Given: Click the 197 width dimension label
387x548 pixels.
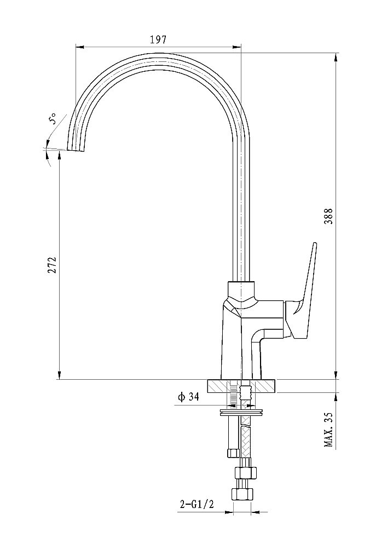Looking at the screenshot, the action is coord(158,39).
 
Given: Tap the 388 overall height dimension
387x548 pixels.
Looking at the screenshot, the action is coord(330,216).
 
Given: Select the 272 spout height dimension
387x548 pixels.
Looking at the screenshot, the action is coord(51,266).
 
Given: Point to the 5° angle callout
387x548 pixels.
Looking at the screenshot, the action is coord(53,119).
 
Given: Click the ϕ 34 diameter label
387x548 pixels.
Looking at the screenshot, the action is coord(188,397).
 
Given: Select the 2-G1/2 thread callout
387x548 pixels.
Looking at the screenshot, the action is coord(197,504).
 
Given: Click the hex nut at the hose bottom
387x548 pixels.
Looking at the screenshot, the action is coord(241,494).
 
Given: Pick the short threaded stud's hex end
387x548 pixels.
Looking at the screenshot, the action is coord(233,453).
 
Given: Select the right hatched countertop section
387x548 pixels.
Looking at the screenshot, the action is coord(266,386).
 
